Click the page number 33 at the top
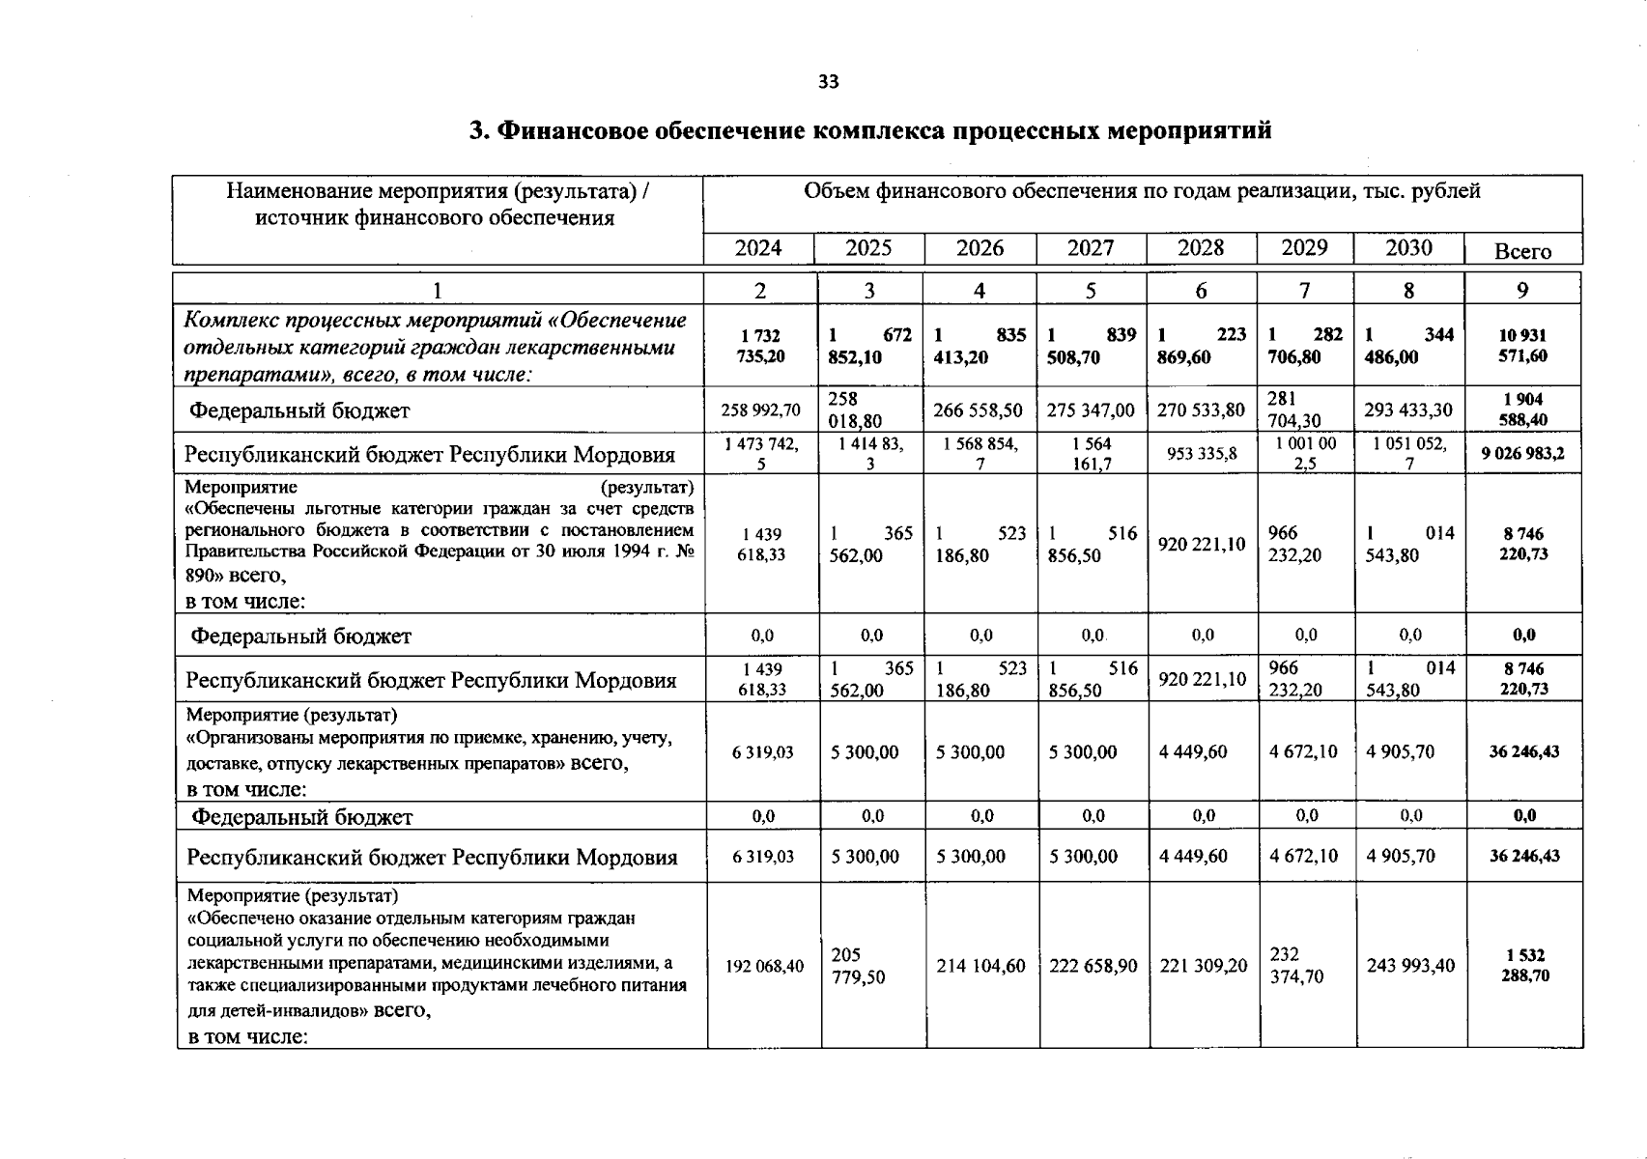coord(828,82)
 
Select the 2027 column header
coord(1091,248)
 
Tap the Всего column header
coord(1522,251)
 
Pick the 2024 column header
coord(758,248)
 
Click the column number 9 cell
coord(1522,290)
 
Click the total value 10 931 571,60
coord(1522,346)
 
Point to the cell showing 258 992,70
coord(760,410)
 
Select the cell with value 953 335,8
coord(1202,453)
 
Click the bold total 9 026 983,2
coord(1523,453)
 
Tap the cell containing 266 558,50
coord(980,410)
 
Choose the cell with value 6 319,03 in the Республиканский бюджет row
coord(762,856)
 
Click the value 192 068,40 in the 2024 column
coord(764,965)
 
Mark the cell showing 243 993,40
coord(1410,965)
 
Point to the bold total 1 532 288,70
coord(1523,965)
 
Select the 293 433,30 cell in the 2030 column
coord(1408,410)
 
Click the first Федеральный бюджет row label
coord(299,410)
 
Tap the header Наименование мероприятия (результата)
coord(437,191)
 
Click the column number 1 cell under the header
coord(437,290)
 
